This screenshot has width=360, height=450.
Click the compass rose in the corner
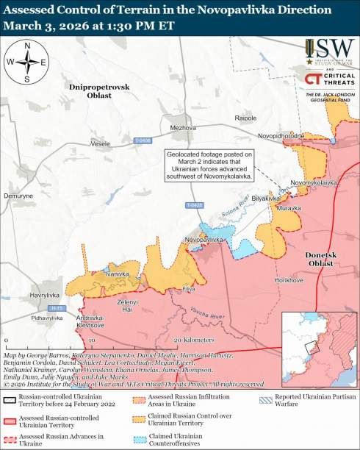tap(27, 63)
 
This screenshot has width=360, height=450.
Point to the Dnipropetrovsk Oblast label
tap(99, 91)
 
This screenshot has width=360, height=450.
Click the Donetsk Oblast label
tap(320, 259)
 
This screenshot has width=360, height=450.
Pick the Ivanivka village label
tap(117, 274)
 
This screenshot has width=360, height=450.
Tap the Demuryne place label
tap(18, 196)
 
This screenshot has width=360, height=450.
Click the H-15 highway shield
tap(57, 307)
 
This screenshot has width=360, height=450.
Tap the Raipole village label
tap(245, 118)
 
